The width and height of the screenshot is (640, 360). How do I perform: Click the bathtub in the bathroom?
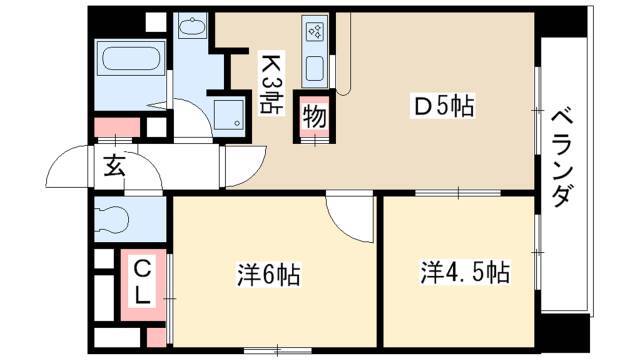[131, 59]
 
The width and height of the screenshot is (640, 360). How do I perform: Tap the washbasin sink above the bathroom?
[192, 27]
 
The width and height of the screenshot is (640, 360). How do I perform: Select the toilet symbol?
[110, 220]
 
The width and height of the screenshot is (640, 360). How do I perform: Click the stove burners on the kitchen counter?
[315, 31]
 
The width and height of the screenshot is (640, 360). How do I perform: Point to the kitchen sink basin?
[315, 68]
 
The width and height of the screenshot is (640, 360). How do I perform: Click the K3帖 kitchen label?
[272, 82]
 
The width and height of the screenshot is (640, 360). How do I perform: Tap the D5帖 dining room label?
[444, 107]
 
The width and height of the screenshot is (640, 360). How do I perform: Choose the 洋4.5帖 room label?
[465, 272]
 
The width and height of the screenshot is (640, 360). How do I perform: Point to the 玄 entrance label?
[114, 165]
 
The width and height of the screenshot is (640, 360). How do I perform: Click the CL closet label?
[143, 283]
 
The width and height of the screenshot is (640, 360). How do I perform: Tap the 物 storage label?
[315, 117]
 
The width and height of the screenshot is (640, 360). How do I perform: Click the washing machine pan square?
[229, 113]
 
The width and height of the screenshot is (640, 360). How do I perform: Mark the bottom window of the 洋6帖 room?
[278, 350]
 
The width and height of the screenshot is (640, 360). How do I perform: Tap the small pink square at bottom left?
[156, 337]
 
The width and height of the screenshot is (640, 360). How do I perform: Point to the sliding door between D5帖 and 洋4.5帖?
[458, 193]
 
